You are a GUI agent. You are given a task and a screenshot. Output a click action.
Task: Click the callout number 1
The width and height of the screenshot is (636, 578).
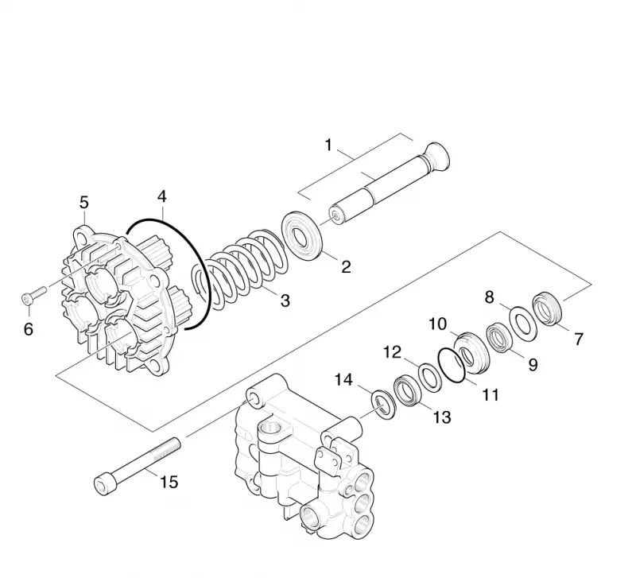pos(328,145)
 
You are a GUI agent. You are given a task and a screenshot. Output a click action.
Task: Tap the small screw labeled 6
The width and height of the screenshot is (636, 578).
pos(33,294)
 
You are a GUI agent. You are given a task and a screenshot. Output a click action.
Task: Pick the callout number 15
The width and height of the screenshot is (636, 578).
pos(169,483)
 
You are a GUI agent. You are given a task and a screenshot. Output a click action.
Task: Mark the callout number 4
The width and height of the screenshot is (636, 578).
pos(162,196)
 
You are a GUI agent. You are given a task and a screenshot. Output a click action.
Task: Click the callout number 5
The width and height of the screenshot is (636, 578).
pos(84,203)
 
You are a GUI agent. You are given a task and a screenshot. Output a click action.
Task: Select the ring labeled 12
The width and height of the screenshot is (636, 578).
pos(430,378)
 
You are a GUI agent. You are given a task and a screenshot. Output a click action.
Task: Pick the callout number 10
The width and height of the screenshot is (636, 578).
pos(438,324)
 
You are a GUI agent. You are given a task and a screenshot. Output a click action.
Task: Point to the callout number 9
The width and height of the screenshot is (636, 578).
pos(533,365)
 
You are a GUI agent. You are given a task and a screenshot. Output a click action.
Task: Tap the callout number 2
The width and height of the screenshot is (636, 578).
pos(346,267)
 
